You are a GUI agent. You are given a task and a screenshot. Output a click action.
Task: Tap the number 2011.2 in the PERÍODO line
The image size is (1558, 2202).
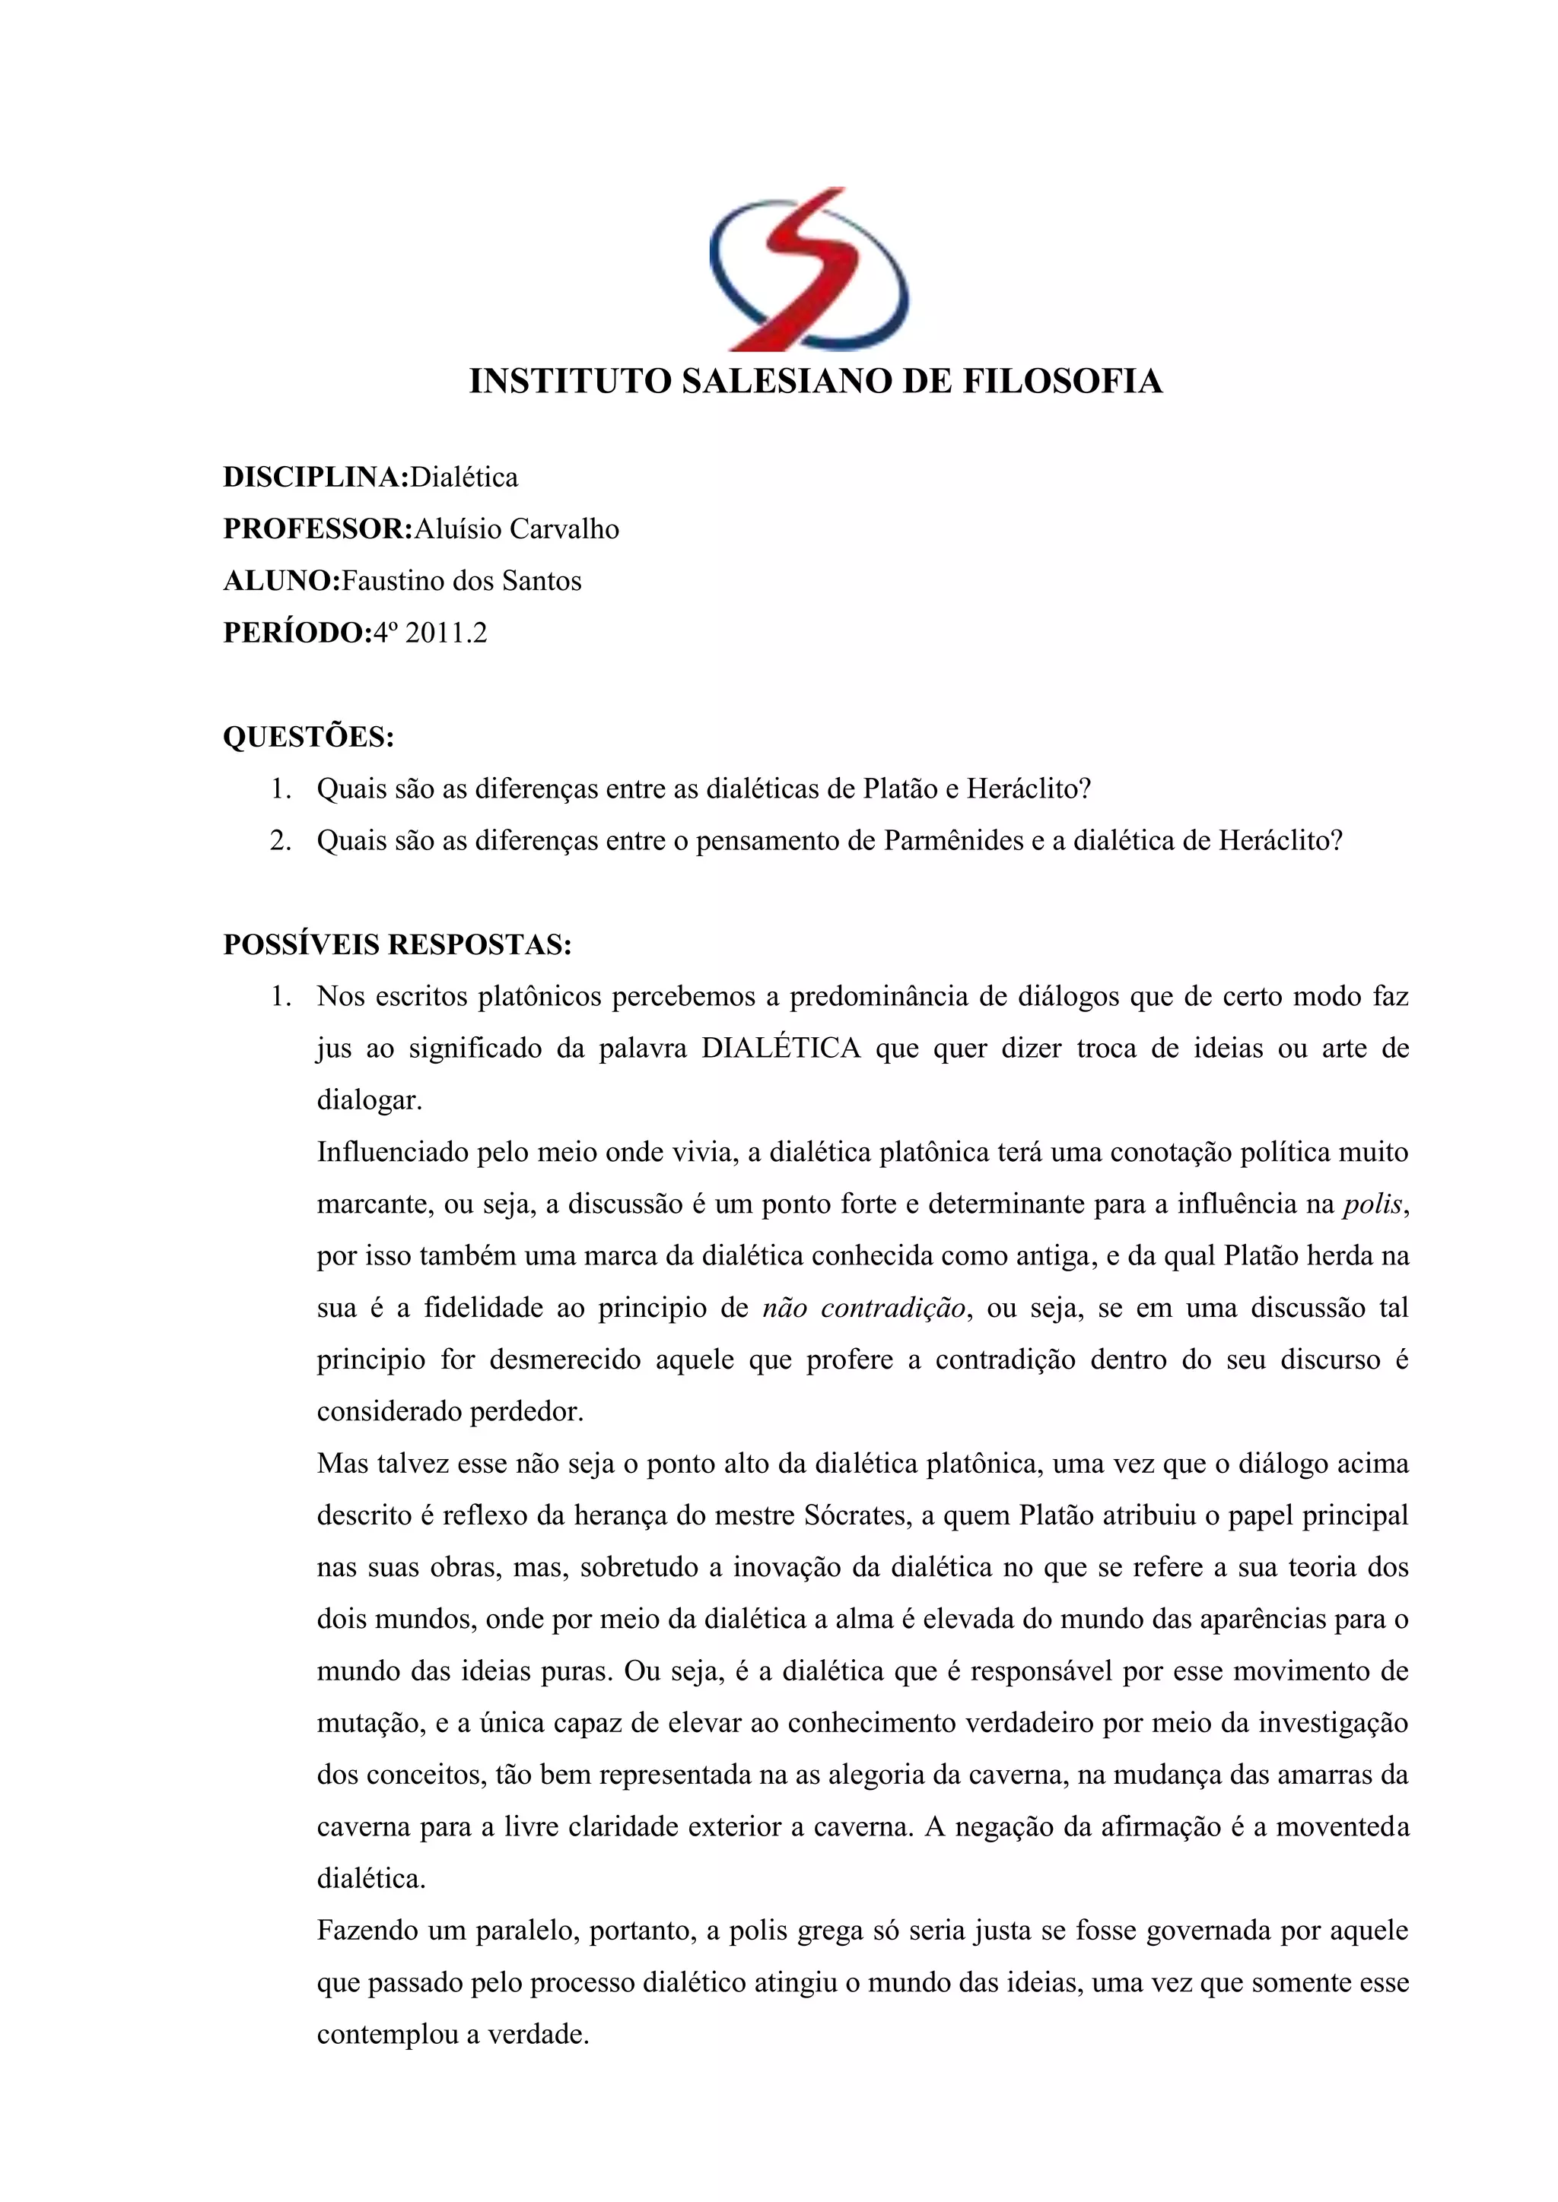click(446, 633)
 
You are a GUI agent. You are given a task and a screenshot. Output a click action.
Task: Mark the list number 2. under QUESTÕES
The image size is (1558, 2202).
click(280, 841)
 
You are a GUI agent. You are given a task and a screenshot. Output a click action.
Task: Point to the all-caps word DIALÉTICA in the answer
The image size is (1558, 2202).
click(781, 1049)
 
